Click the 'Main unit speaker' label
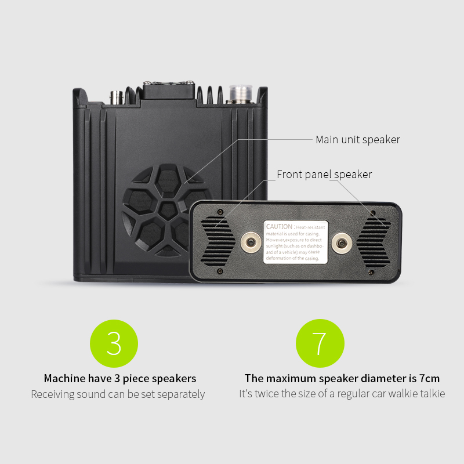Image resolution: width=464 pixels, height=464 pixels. [x=357, y=140]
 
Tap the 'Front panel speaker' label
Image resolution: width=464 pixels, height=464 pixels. [x=324, y=175]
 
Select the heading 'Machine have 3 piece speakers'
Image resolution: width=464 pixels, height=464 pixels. [x=120, y=379]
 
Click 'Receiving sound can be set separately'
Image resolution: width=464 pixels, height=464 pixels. [x=118, y=394]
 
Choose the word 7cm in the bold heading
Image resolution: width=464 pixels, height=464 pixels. [x=429, y=379]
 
